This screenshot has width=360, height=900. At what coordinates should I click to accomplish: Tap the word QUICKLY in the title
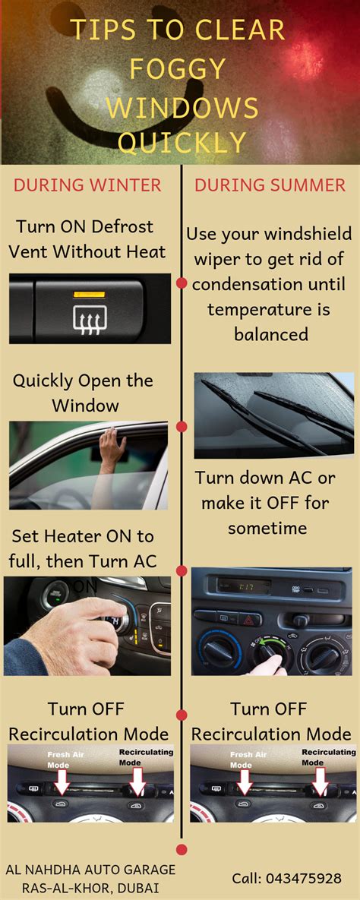182,142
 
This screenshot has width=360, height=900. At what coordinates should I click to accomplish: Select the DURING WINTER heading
87,185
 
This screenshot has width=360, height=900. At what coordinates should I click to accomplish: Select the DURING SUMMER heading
270,185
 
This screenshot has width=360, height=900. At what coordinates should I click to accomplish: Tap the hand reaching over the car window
111,449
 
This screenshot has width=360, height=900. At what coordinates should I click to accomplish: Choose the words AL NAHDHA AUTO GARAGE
90,870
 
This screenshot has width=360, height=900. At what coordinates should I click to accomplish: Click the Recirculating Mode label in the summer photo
328,757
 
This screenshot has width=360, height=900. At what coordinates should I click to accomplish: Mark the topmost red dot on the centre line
182,283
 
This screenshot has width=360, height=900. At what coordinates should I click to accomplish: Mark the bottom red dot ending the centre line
182,849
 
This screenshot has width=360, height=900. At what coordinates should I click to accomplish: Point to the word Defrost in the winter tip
122,226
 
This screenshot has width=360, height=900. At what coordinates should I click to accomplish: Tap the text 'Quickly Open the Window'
83,393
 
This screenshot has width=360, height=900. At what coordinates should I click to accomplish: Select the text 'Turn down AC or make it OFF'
265,491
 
